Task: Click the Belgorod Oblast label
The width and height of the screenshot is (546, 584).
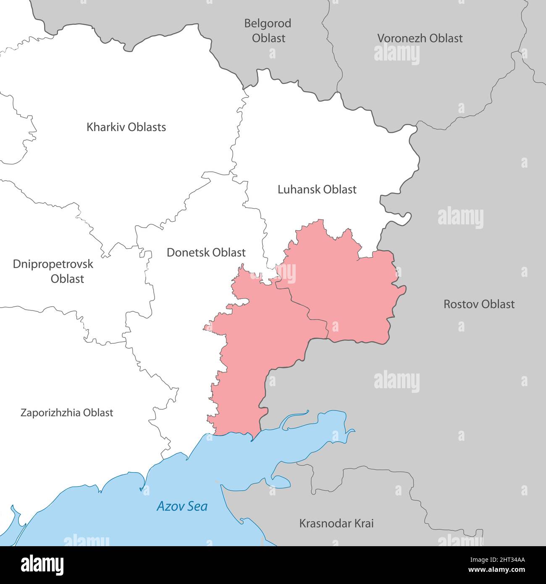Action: [268, 31]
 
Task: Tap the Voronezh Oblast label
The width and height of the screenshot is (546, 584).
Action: [420, 38]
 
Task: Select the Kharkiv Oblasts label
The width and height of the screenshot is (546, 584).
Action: [126, 127]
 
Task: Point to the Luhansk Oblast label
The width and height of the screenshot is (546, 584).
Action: [317, 189]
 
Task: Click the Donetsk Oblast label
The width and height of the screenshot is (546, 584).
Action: [206, 253]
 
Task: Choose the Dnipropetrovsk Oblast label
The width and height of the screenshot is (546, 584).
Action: [53, 271]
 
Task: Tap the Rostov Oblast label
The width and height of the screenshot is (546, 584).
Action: [479, 304]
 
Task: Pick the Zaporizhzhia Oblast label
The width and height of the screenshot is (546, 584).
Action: [67, 413]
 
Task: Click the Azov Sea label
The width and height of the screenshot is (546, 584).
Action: [182, 506]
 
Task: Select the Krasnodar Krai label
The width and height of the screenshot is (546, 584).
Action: [336, 523]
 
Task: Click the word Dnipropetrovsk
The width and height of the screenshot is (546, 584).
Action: [53, 264]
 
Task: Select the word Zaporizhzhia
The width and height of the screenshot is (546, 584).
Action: [50, 413]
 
